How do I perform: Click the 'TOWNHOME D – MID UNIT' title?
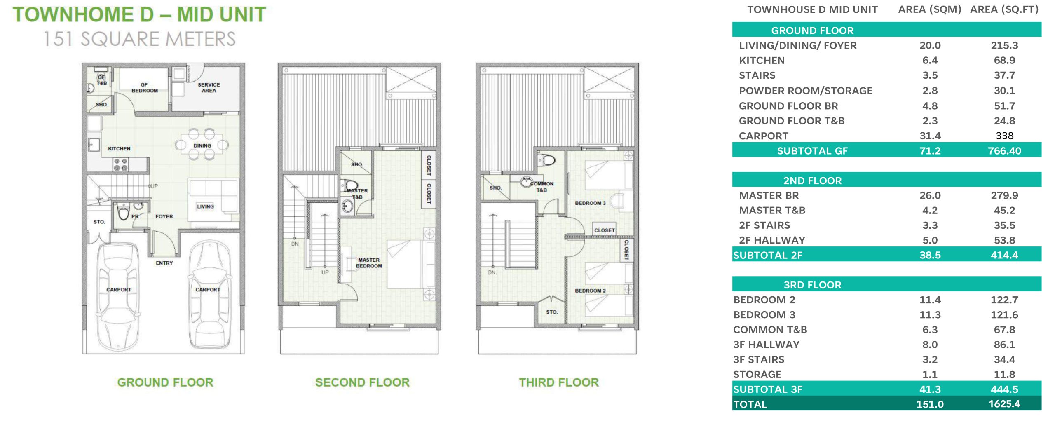(139, 14)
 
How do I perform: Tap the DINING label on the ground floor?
(202, 145)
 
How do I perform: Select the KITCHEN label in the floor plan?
(119, 148)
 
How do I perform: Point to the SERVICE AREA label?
(209, 87)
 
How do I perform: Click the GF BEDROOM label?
(145, 87)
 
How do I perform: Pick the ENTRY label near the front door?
(164, 263)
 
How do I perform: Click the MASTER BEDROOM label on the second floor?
(369, 263)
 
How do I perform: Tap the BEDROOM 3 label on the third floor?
(590, 203)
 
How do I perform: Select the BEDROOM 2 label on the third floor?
(590, 291)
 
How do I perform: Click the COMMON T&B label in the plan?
(542, 187)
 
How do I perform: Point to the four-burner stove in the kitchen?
(121, 164)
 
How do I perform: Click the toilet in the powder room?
(123, 212)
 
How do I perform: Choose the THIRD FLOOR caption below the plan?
(559, 382)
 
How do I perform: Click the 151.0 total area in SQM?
(930, 404)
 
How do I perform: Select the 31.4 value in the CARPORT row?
(930, 136)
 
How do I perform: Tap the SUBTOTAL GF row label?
(812, 151)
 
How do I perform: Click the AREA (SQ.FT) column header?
(1004, 9)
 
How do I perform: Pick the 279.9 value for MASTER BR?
(1004, 195)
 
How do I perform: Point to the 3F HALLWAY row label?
(766, 345)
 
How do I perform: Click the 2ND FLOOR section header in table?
(812, 181)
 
